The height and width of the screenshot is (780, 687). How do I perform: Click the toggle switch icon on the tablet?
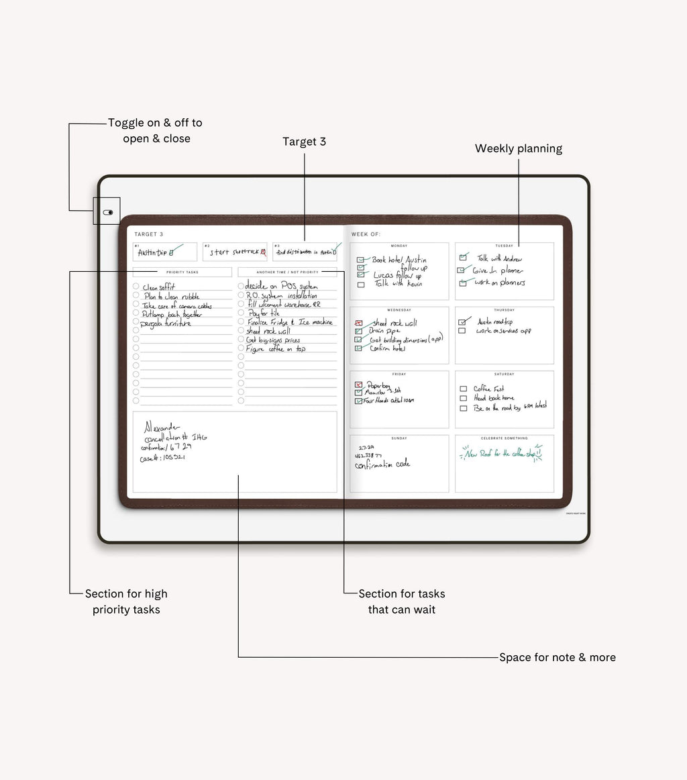(108, 212)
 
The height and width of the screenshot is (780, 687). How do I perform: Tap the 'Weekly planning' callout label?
(518, 148)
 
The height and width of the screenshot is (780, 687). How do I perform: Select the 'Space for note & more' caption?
(557, 657)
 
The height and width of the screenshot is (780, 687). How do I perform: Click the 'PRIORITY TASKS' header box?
(182, 272)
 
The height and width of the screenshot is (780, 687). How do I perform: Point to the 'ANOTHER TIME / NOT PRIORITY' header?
(288, 272)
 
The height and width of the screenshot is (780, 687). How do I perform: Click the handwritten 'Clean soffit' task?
(158, 287)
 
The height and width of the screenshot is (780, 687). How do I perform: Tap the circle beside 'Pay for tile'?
(241, 313)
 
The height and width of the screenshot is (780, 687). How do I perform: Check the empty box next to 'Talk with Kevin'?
(361, 285)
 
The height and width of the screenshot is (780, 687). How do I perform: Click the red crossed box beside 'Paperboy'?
(358, 385)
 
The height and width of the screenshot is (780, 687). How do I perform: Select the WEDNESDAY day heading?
(399, 310)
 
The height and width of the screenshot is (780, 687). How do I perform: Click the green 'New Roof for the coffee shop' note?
(501, 454)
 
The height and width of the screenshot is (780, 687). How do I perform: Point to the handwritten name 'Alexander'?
(162, 427)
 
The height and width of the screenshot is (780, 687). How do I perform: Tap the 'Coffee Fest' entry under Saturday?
(488, 389)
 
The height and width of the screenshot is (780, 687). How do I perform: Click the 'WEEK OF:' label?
(366, 234)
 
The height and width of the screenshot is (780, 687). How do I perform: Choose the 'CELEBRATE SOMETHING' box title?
(505, 438)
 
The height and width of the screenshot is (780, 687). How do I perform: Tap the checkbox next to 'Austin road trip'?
(462, 322)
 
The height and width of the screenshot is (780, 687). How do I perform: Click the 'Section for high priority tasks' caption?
(126, 601)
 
